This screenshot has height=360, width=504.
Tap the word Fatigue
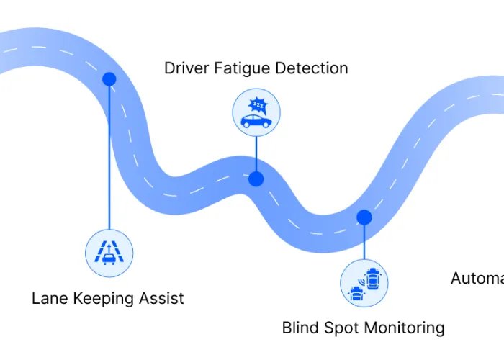[238, 68]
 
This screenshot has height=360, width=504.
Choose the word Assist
[163, 298]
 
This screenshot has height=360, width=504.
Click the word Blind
[302, 328]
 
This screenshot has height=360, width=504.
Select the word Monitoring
[407, 329]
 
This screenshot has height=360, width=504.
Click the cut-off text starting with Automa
[477, 278]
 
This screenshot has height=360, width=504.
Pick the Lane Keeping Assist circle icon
[109, 253]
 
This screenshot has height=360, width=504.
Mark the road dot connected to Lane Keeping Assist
[109, 78]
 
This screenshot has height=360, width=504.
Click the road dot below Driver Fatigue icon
[256, 179]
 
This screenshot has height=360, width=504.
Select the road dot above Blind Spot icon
[364, 216]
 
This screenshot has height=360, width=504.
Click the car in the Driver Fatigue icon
[256, 121]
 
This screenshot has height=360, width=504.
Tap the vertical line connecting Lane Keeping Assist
[109, 158]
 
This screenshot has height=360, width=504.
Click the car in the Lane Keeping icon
[109, 256]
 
